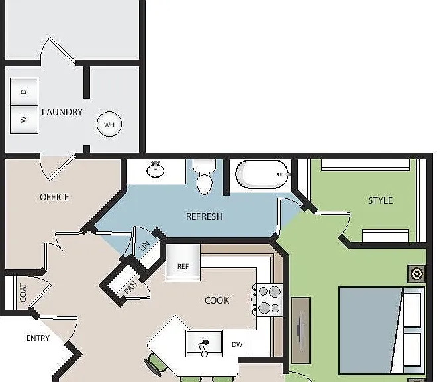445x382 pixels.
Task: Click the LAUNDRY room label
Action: (62, 112)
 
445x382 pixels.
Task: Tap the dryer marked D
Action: (24, 92)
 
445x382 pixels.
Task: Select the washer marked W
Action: (24, 119)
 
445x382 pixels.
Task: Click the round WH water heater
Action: (109, 124)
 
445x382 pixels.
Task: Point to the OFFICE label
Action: (54, 197)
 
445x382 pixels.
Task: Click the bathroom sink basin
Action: (156, 170)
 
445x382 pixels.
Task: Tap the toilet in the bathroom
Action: (205, 177)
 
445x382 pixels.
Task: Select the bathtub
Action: (263, 174)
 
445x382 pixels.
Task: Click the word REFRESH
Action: (205, 216)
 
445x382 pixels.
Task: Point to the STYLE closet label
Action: (381, 200)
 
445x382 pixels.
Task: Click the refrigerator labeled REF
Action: (183, 263)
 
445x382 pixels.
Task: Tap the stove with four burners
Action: (268, 300)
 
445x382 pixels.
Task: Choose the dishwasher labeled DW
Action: (236, 344)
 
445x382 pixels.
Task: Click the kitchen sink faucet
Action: (203, 348)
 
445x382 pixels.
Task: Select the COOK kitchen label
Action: (217, 300)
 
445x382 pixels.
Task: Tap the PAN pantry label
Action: (131, 287)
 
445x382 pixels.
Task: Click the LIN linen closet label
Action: (144, 246)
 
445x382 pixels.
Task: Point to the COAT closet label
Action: (23, 292)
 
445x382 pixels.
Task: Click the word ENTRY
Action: (38, 338)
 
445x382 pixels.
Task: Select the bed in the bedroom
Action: (381, 330)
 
